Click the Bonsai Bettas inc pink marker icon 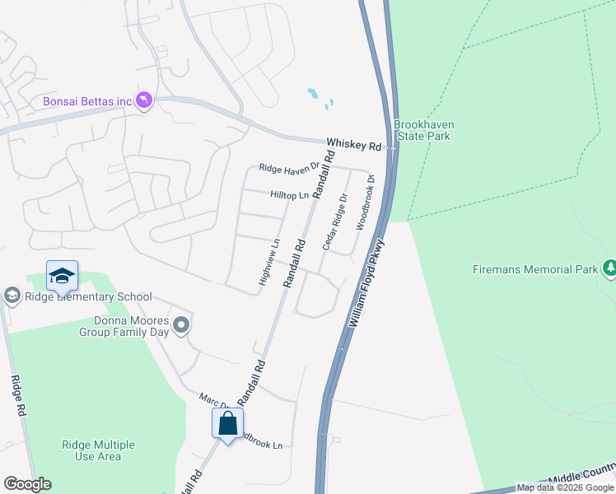pos(145,100)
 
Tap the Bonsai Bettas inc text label pos(87,102)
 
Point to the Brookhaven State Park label pos(423,130)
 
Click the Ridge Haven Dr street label pos(288,168)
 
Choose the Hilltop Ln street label pos(289,195)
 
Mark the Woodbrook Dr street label pos(365,202)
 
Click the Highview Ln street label pos(269,262)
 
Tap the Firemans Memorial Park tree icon pos(610,268)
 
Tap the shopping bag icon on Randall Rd pos(227,425)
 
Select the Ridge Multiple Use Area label pos(98,450)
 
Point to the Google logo pos(27,484)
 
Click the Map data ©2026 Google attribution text pos(565,487)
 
